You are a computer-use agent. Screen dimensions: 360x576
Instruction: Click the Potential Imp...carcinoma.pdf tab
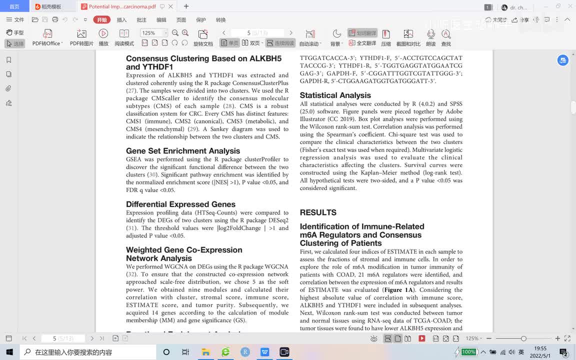pos(122,7)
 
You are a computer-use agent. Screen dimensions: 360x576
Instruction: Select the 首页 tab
pos(14,7)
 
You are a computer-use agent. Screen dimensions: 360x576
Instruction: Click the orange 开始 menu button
pos(102,20)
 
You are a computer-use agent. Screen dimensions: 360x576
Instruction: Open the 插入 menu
pos(121,20)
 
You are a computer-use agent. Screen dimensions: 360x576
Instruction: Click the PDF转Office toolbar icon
pos(47,37)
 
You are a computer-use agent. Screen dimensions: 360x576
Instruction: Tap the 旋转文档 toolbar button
pos(203,37)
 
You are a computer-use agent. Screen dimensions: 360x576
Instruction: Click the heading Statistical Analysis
pos(335,95)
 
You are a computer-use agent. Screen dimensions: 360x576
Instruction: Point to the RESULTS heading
pos(318,212)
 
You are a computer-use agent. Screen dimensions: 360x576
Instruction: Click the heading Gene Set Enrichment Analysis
pos(183,151)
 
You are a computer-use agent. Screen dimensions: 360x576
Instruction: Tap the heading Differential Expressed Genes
pos(180,204)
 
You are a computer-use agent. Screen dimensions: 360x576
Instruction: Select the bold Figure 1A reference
pos(398,290)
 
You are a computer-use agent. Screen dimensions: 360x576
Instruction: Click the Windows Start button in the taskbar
pos(9,352)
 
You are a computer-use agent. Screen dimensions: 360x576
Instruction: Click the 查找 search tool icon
pos(446,37)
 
